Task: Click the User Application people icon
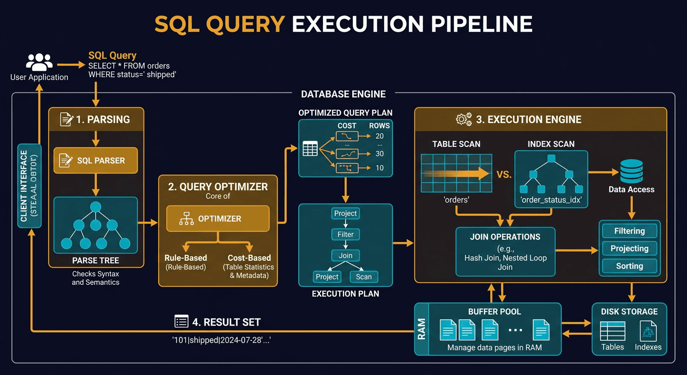(39, 63)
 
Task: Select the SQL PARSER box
(96, 161)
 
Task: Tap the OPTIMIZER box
(218, 219)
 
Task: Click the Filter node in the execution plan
(345, 234)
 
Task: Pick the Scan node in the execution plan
(364, 277)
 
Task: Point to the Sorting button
(629, 266)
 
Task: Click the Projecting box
(629, 249)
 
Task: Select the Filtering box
(629, 231)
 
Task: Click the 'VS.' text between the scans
(504, 174)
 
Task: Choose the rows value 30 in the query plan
(379, 154)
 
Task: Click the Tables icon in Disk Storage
(612, 332)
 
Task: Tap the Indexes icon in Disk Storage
(648, 332)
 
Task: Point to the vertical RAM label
(422, 329)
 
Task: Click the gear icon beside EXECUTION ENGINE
(463, 119)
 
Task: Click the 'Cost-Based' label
(249, 258)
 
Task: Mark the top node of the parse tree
(96, 207)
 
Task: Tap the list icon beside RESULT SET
(182, 321)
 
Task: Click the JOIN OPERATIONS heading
(505, 237)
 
